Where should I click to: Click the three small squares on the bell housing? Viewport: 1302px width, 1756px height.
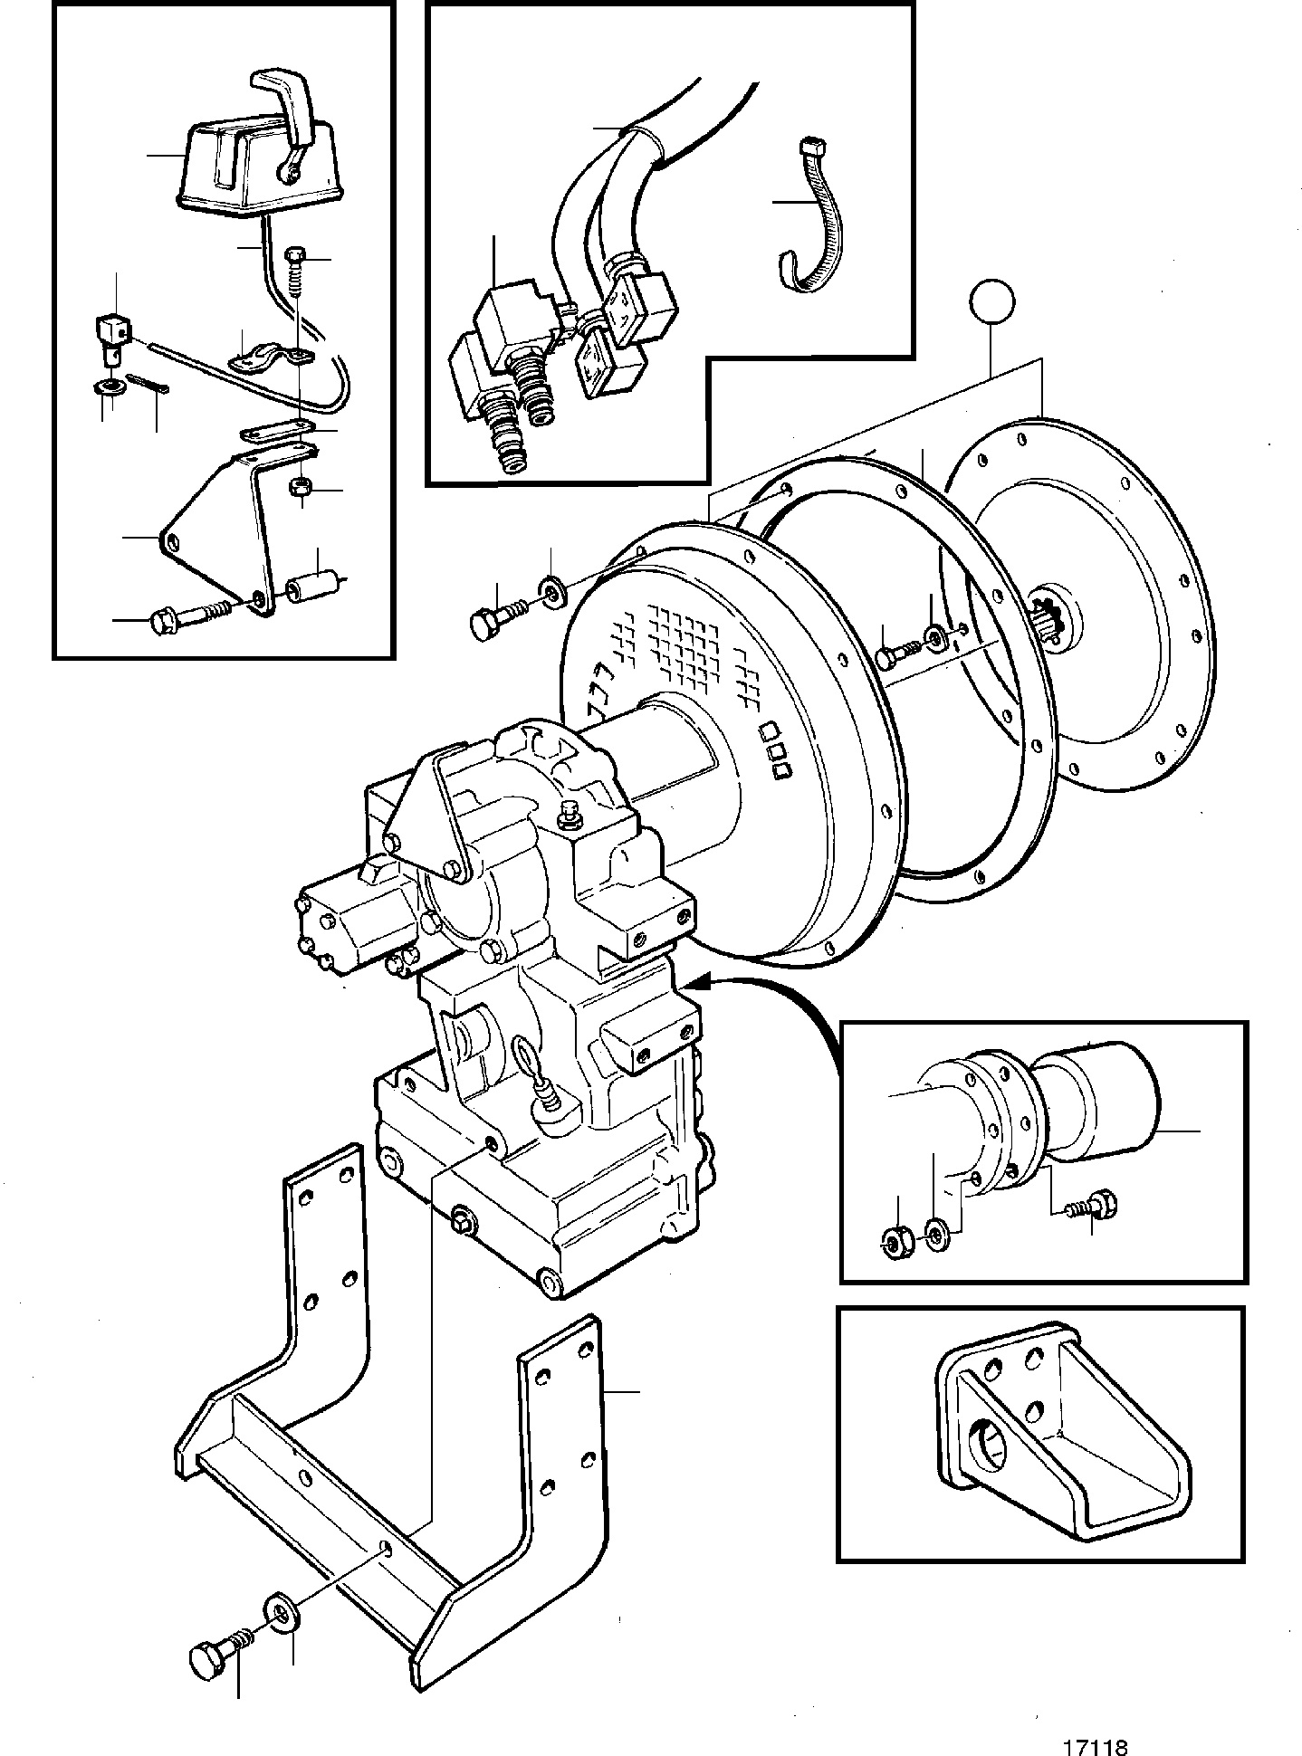775,750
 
